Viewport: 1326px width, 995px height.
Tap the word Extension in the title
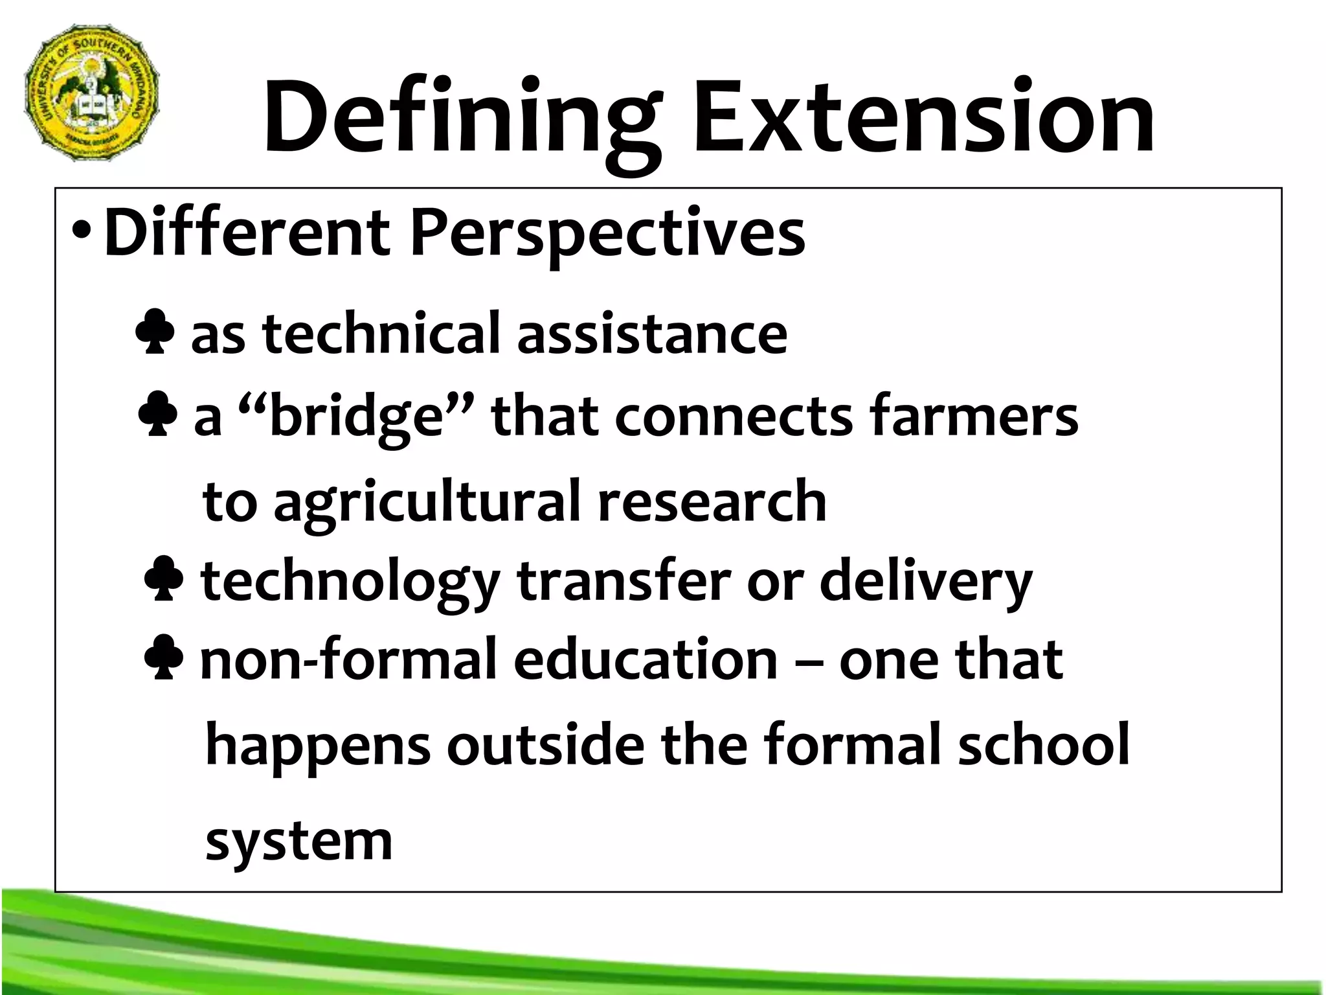coord(923,117)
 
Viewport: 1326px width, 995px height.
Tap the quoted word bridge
coord(356,417)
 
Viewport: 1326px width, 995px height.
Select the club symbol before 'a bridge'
coord(157,414)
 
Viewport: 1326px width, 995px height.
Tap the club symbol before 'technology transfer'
coord(163,579)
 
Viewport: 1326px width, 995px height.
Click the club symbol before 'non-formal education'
coord(164,657)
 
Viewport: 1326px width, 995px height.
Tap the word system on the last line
coord(299,842)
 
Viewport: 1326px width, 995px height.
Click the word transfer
coord(624,580)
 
